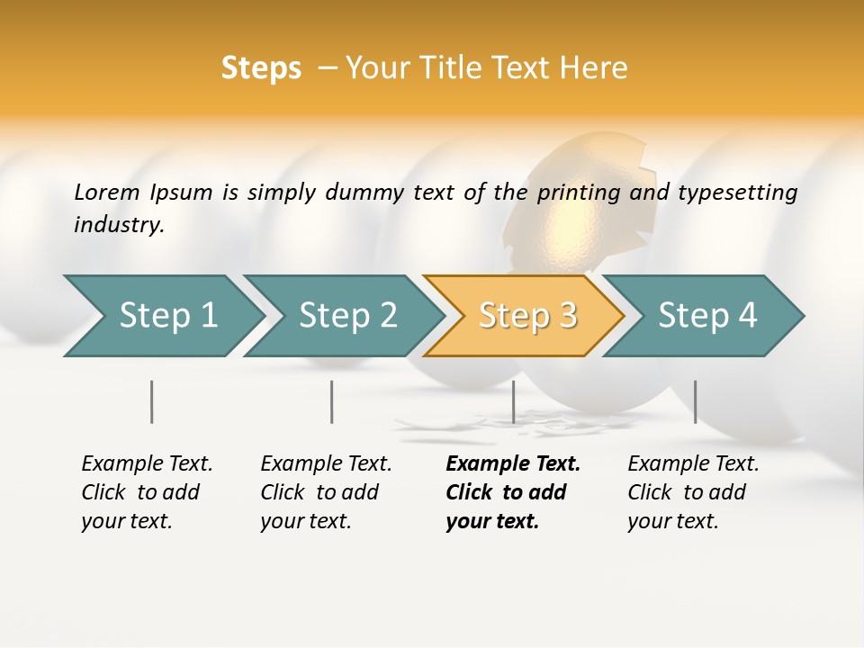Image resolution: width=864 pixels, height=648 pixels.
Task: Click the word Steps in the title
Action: (261, 68)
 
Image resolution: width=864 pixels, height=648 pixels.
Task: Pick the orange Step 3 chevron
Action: (527, 316)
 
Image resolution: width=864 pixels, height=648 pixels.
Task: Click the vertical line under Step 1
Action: (152, 401)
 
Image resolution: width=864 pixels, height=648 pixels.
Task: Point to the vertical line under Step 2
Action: (332, 401)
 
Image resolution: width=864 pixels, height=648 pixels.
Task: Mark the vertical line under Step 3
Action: (513, 401)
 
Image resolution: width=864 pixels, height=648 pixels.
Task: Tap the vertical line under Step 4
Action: (695, 401)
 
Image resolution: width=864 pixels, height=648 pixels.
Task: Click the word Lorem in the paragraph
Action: (107, 193)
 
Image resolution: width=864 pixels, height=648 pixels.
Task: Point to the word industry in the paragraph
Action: (119, 225)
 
